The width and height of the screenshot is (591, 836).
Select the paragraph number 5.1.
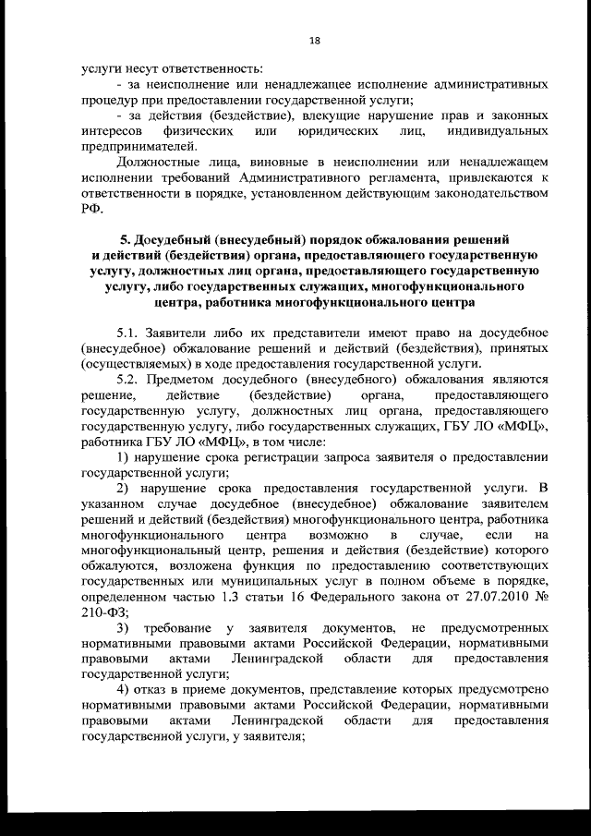[x=129, y=332]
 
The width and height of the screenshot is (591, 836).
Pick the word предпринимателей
[x=139, y=145]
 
